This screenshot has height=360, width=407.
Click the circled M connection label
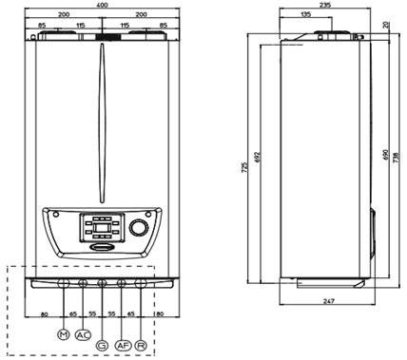click(x=64, y=334)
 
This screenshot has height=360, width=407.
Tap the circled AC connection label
click(x=83, y=334)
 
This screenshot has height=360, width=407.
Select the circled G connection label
click(x=102, y=346)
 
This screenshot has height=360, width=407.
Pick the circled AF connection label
click(x=123, y=346)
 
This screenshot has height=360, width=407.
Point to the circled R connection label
click(x=141, y=346)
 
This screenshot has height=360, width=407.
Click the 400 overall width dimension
click(x=102, y=5)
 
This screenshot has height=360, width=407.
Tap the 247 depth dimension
click(x=329, y=301)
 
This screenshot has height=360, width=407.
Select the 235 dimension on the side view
click(x=324, y=5)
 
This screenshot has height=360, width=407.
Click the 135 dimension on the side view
click(x=305, y=14)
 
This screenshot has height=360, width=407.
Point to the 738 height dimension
click(x=397, y=158)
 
